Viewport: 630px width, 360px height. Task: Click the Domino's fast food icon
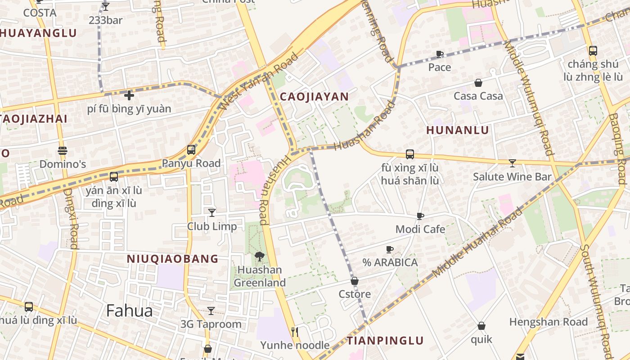[x=63, y=150]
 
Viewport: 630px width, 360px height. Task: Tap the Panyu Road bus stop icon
[x=191, y=149]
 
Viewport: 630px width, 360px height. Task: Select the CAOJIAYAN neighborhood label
[x=314, y=96]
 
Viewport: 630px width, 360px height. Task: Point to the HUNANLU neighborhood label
[x=457, y=130]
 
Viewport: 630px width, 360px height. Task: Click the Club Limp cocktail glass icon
[x=211, y=212]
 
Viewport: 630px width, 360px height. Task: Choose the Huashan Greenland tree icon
[x=259, y=256]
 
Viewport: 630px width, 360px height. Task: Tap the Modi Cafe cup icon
[x=420, y=216]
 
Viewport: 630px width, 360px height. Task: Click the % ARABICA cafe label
[x=390, y=262]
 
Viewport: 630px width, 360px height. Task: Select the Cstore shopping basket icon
[x=355, y=281]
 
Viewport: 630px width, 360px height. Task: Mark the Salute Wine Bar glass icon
[x=512, y=163]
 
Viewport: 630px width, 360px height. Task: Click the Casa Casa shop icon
[x=478, y=83]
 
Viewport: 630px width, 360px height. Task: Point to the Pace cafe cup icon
[x=440, y=54]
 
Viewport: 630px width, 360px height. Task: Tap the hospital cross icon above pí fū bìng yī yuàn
[x=129, y=95]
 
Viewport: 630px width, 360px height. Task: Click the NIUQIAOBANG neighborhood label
[x=172, y=259]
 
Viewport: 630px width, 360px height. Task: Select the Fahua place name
[x=130, y=310]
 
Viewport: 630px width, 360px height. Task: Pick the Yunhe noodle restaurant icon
[x=295, y=332]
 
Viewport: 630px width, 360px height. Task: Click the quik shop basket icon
[x=481, y=326]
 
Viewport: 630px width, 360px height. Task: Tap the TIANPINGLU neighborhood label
[x=385, y=340]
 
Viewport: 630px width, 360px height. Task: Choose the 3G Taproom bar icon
[x=211, y=310]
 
